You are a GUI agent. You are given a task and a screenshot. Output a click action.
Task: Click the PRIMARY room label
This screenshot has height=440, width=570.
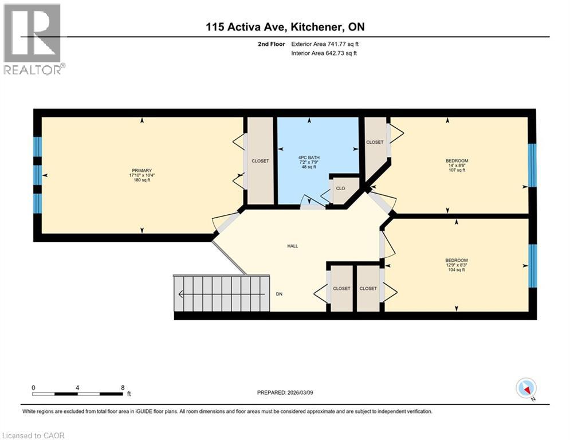click(141, 170)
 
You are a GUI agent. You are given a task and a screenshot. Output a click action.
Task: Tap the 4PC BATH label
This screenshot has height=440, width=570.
click(309, 158)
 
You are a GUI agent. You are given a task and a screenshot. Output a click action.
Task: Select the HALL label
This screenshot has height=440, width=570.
click(293, 246)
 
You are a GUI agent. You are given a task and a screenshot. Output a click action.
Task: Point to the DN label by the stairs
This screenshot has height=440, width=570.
click(279, 294)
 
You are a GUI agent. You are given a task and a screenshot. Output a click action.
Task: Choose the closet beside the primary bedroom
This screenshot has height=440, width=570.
click(260, 161)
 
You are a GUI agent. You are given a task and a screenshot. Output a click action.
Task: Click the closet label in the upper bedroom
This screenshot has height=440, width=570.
click(375, 142)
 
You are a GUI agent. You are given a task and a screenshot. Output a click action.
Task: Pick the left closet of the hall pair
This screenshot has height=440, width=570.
click(341, 288)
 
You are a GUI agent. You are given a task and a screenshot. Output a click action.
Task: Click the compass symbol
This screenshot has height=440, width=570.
click(525, 388)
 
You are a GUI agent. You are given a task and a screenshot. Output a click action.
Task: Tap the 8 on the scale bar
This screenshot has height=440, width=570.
click(123, 387)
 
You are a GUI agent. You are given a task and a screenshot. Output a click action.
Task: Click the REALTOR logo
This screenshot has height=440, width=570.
click(33, 39)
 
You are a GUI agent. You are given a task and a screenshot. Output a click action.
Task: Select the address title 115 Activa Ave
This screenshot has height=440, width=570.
click(285, 27)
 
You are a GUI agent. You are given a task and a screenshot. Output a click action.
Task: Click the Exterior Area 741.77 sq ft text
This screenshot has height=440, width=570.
click(325, 44)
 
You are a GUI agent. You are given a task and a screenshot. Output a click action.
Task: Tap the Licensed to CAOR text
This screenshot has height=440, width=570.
click(33, 435)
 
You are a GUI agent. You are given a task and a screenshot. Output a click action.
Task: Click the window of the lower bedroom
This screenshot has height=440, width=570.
click(532, 265)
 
